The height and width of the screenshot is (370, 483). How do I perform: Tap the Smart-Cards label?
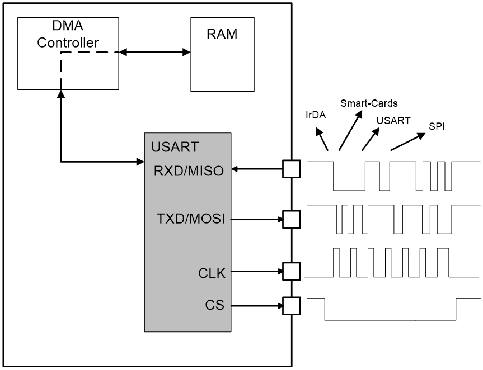tap(369, 103)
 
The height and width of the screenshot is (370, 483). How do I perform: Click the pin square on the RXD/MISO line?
tap(291, 169)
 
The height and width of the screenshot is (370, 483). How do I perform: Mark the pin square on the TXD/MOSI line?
tap(291, 219)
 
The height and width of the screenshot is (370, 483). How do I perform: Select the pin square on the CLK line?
tap(291, 272)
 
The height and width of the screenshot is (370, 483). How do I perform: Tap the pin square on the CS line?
tap(291, 305)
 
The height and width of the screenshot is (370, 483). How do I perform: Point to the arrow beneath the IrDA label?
tap(322, 140)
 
